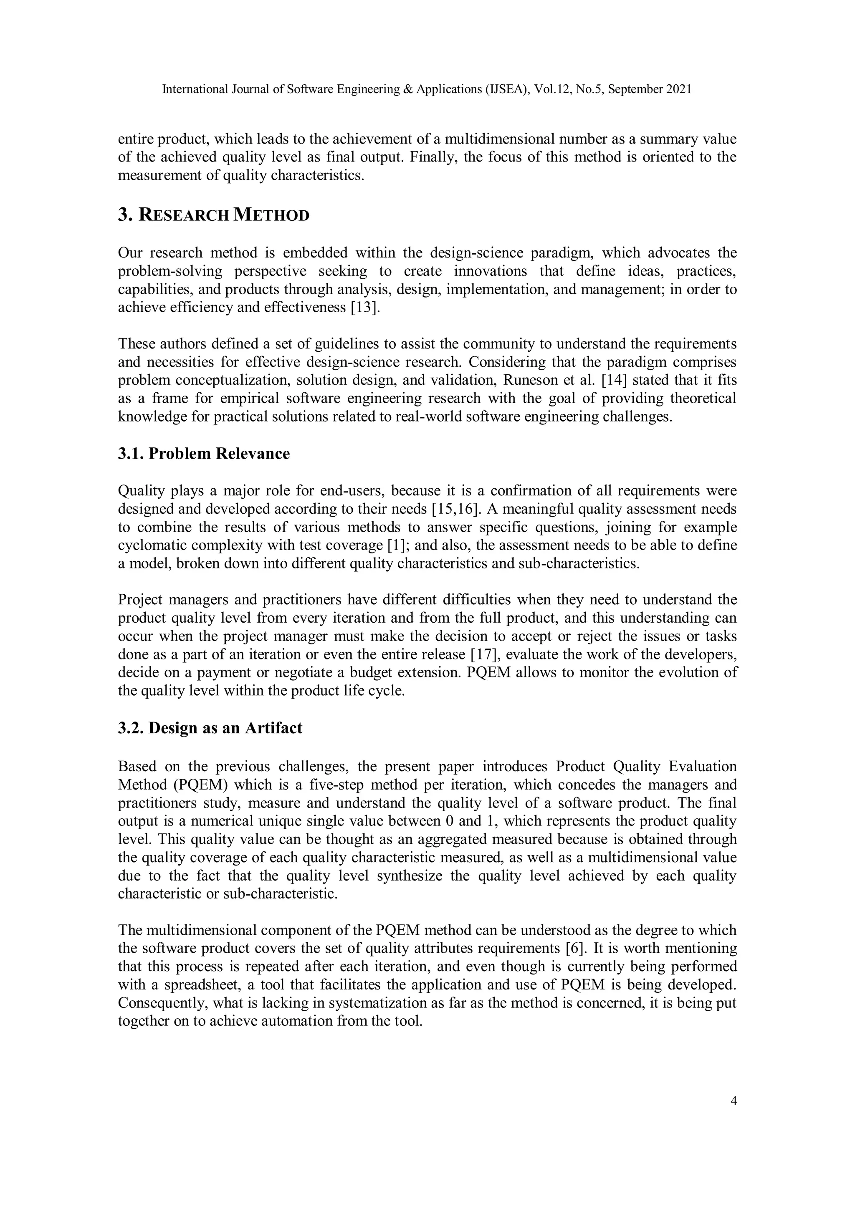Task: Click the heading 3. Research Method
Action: (x=213, y=215)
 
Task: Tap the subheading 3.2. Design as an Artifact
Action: (x=210, y=728)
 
